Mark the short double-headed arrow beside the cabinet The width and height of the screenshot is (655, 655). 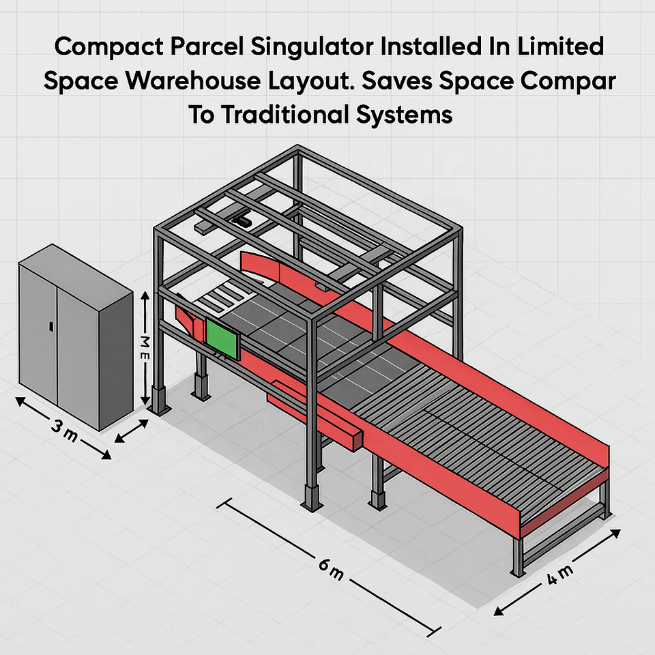click(x=132, y=431)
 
